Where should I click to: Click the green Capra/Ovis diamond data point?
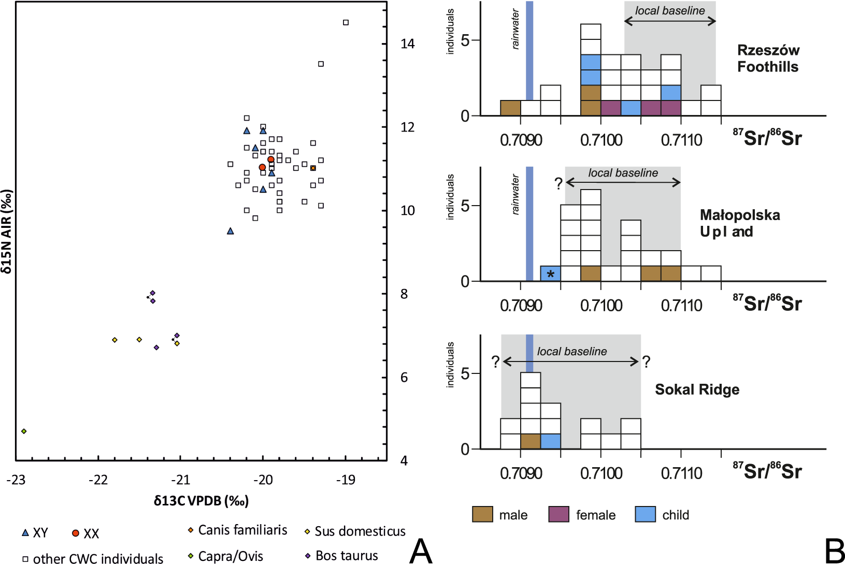tap(24, 431)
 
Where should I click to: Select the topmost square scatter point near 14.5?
tap(346, 22)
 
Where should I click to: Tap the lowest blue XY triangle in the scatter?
tap(231, 231)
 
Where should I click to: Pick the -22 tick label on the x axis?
tap(98, 480)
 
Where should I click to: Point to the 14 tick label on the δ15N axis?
tap(407, 44)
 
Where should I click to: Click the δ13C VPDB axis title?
tap(201, 501)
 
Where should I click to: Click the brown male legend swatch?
tap(482, 514)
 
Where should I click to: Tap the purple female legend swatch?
tap(558, 514)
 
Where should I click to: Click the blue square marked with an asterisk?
tap(550, 273)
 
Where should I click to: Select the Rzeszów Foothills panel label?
tap(768, 59)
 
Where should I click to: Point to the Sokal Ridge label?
tap(697, 389)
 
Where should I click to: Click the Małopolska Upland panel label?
tap(739, 223)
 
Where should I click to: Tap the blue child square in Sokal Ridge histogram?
tap(550, 441)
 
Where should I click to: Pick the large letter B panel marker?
tap(834, 551)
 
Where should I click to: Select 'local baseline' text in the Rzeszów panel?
tap(670, 11)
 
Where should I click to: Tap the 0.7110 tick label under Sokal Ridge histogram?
tap(681, 473)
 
